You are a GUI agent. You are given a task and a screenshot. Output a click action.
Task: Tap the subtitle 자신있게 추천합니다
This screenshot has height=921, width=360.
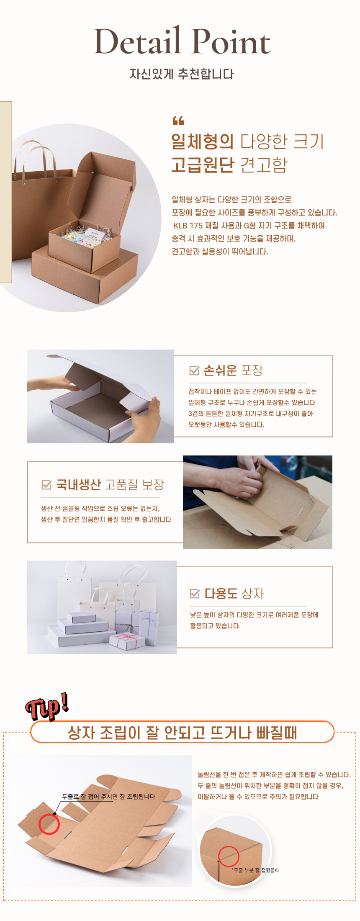pos(182,74)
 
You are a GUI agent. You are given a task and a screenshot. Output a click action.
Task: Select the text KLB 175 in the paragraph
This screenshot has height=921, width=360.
pos(188,226)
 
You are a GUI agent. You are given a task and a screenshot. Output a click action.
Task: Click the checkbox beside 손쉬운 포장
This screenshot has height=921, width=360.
pos(194,370)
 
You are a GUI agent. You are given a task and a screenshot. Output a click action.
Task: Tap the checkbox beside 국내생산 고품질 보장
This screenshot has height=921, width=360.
pos(46,484)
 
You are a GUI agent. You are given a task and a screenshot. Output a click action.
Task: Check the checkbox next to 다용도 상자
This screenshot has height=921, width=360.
pos(195,593)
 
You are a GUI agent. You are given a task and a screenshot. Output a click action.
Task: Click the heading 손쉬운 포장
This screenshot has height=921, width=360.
pos(233,370)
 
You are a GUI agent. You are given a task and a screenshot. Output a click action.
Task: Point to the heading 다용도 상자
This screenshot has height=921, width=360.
pos(234,593)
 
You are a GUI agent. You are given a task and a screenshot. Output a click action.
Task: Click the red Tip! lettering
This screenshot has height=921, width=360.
pos(47,707)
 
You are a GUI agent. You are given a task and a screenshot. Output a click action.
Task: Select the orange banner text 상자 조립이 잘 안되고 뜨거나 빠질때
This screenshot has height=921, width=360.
pos(183,733)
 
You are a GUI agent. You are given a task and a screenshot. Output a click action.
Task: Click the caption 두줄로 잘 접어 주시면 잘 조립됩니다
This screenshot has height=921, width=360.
pos(108,797)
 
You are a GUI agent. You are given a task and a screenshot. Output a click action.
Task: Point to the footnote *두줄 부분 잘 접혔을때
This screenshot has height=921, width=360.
pos(256,870)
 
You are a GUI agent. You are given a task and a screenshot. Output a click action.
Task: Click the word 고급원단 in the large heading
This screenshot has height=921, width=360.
pos(202,165)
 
